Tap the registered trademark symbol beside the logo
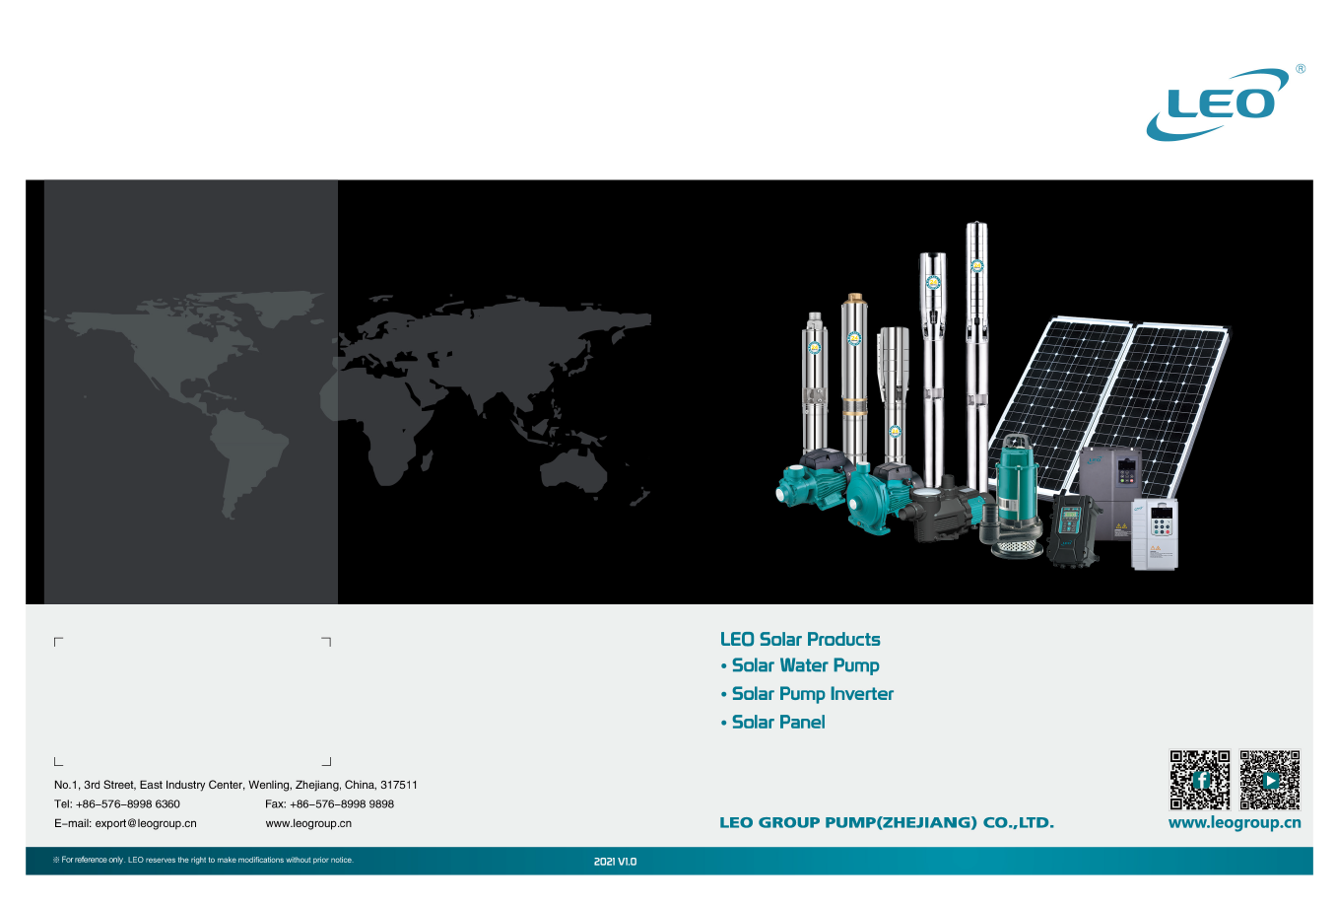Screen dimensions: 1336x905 1301,69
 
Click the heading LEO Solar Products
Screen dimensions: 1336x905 800,640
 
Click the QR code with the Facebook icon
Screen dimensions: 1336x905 1199,780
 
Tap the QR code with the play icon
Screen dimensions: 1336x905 1270,780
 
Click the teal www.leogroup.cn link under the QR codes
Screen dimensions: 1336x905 1235,823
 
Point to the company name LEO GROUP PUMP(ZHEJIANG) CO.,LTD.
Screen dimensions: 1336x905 887,822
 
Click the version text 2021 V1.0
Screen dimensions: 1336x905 615,862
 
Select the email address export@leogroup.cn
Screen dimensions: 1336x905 146,823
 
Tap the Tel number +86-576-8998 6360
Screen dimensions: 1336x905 128,804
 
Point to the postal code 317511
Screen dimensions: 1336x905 399,785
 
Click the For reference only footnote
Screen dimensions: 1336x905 203,861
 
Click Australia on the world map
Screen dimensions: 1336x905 573,471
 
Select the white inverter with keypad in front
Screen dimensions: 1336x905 1155,533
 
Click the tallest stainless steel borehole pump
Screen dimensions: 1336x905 976,356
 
